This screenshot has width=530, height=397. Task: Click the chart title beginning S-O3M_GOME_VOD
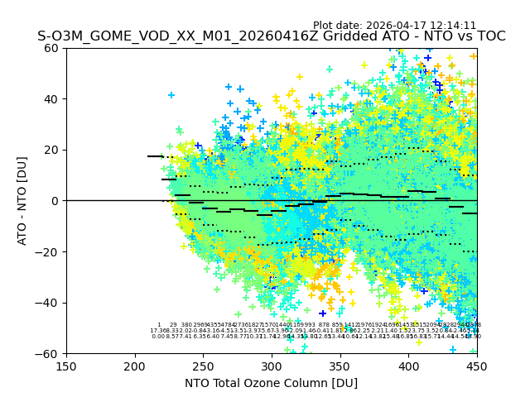click(271, 36)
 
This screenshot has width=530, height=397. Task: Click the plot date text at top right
click(394, 26)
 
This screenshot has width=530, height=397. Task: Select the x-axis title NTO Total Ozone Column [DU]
click(271, 383)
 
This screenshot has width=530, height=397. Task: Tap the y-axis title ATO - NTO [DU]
click(22, 201)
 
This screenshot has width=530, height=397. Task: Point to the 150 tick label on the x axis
click(66, 365)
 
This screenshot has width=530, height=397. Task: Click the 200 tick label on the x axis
click(135, 365)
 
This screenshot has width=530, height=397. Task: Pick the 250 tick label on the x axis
click(203, 365)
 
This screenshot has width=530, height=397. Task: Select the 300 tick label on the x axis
click(272, 365)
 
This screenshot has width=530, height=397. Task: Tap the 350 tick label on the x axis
click(340, 365)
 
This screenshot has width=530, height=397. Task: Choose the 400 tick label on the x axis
click(408, 365)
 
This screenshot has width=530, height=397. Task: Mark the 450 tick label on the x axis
click(476, 365)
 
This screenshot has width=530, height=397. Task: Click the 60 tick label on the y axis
click(52, 48)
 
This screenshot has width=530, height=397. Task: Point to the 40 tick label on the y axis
click(52, 99)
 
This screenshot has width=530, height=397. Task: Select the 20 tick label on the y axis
click(52, 150)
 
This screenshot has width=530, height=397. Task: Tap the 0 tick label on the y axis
click(55, 201)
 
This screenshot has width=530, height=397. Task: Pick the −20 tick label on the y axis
click(49, 251)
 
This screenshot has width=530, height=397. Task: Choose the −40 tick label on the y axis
click(49, 303)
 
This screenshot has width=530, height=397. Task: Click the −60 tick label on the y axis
click(49, 353)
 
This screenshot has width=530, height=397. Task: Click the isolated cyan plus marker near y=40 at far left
click(171, 95)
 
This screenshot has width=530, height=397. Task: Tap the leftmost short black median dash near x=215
click(155, 156)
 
